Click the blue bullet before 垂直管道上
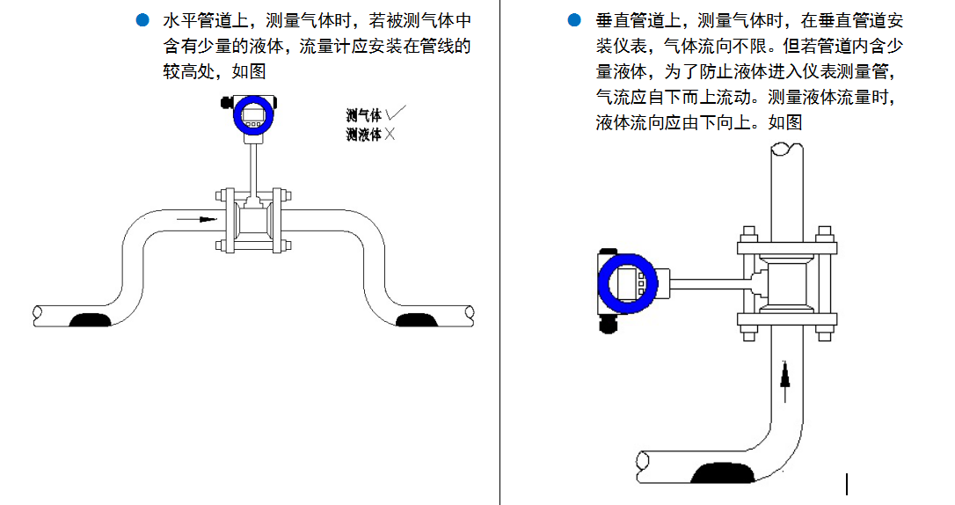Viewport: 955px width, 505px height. (574, 20)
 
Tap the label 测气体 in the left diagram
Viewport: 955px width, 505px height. (364, 115)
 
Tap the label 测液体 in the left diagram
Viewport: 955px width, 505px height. (364, 135)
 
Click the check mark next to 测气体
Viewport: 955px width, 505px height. (397, 113)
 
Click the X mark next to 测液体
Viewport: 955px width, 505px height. (390, 135)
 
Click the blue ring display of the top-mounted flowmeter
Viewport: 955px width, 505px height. (252, 116)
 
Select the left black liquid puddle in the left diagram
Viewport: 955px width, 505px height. (90, 318)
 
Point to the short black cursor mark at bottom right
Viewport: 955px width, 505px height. (847, 484)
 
